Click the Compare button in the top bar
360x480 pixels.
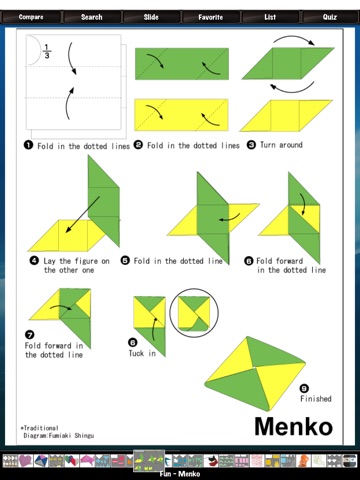point(31,17)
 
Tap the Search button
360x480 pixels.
point(92,17)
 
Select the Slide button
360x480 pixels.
point(151,17)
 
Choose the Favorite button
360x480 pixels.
point(211,17)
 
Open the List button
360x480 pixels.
point(270,17)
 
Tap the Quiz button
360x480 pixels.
point(330,17)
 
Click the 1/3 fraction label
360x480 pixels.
point(47,52)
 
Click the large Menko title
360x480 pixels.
point(294,427)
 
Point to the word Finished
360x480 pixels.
point(316,399)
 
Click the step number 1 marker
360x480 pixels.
point(28,145)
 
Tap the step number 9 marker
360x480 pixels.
point(304,388)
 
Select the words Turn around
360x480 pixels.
point(281,145)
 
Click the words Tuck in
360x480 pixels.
point(142,353)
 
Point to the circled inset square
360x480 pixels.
point(194,313)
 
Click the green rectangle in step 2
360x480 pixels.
point(182,64)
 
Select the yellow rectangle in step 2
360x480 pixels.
point(181,115)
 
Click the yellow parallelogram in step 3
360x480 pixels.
point(286,116)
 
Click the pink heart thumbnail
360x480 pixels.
point(25,461)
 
